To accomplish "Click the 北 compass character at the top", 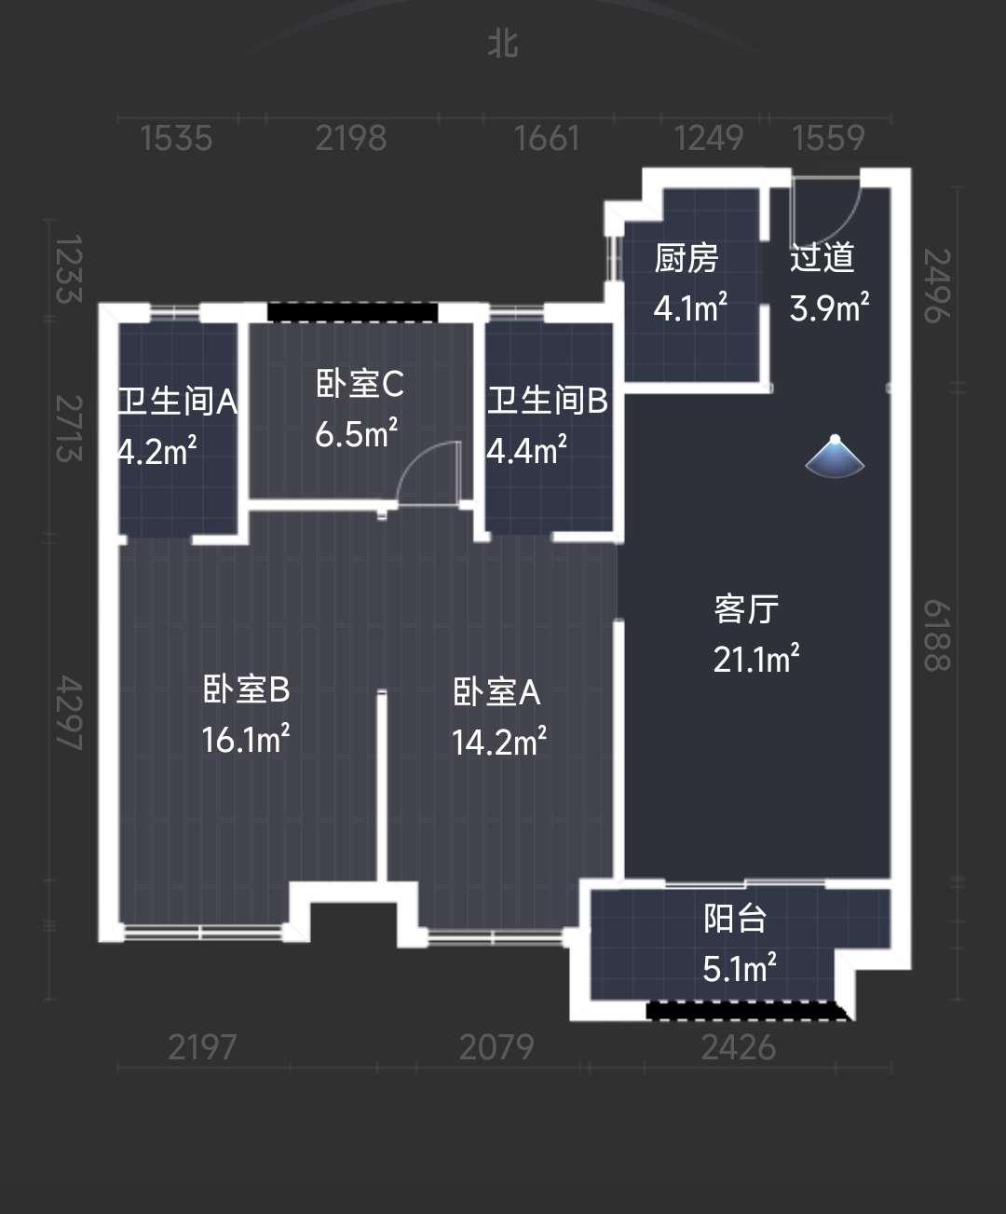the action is (x=503, y=45).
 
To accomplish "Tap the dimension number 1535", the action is (x=176, y=139).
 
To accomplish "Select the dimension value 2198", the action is (x=351, y=139).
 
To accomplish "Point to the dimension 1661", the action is (x=547, y=139).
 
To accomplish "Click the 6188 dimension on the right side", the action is (x=937, y=636).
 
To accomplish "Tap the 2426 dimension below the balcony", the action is (x=738, y=1048).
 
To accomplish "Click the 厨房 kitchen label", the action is (x=687, y=258).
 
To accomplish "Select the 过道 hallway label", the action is (x=822, y=257).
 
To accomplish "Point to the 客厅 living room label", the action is (x=746, y=609).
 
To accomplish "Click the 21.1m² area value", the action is (x=756, y=658).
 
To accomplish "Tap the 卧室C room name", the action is (x=360, y=384).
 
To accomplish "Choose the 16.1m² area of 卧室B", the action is (x=245, y=739).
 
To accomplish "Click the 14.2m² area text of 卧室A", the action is (x=499, y=742).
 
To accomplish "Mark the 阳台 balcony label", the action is (x=735, y=919).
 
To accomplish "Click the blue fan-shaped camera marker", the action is (x=836, y=457).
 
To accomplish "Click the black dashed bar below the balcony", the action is (x=748, y=1011).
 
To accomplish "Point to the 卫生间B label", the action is (x=547, y=401).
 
